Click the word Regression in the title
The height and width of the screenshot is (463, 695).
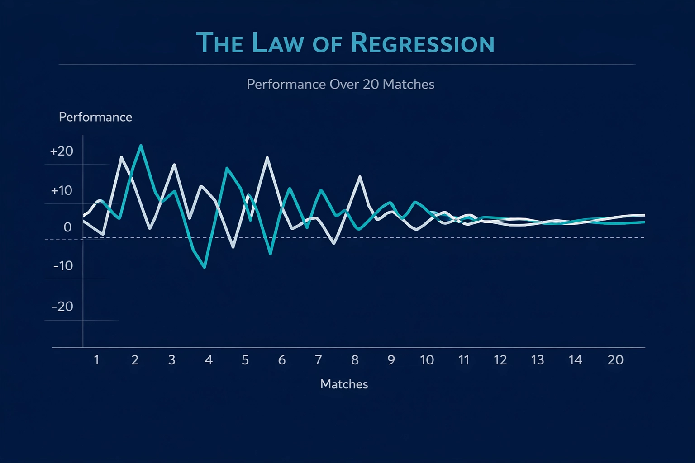(x=422, y=43)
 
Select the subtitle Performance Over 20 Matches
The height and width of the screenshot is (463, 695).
(x=340, y=85)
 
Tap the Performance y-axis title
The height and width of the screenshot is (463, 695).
(x=95, y=117)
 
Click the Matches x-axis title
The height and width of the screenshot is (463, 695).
(x=344, y=384)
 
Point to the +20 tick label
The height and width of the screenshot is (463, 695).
(x=62, y=151)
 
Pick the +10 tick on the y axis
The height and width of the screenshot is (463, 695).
(x=62, y=191)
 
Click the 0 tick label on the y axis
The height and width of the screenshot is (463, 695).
(x=67, y=227)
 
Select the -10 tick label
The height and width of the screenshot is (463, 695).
(x=63, y=266)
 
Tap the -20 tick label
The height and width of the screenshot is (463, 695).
(x=62, y=307)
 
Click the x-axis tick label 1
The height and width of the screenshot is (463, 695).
(x=96, y=360)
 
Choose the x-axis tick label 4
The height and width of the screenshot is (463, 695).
(x=209, y=360)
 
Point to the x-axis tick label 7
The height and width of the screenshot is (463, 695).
(x=318, y=360)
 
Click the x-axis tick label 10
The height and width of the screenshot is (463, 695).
(x=427, y=360)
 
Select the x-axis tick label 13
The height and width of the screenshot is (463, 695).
(x=537, y=360)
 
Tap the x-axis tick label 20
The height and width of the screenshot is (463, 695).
(x=615, y=360)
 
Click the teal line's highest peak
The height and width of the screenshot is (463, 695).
(x=141, y=146)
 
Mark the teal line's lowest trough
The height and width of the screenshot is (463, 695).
(x=205, y=268)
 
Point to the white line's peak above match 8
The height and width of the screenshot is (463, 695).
(x=360, y=176)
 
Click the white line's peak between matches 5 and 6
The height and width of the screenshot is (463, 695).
(x=267, y=157)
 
